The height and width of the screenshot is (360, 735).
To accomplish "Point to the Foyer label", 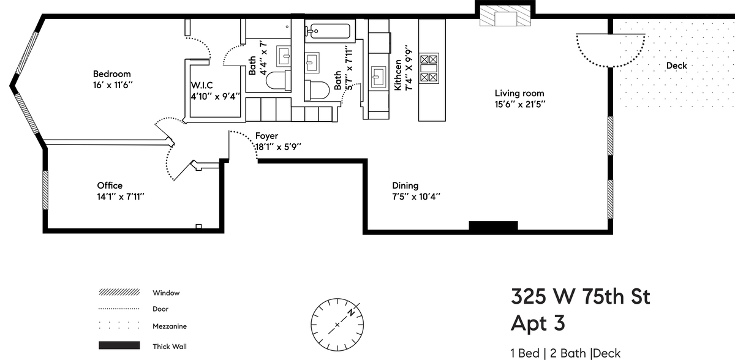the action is (x=266, y=136).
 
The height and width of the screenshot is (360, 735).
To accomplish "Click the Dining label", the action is (x=405, y=186).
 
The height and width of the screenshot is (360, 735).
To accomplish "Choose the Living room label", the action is (x=519, y=94).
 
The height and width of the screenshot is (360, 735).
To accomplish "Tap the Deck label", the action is (x=676, y=66).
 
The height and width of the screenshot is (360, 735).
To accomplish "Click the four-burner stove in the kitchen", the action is (x=429, y=69).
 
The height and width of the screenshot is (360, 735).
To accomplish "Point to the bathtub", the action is (x=330, y=31).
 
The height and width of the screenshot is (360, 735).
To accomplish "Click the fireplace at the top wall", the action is (x=505, y=17).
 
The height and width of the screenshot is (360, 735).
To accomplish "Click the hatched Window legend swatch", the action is (x=118, y=293).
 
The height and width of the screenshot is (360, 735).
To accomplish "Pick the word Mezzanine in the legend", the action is (x=170, y=326).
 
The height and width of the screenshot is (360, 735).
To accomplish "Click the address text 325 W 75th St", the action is (x=580, y=297).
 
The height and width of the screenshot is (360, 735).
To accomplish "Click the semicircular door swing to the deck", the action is (x=610, y=50).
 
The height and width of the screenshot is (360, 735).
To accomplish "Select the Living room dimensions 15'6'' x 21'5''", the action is (x=520, y=104).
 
